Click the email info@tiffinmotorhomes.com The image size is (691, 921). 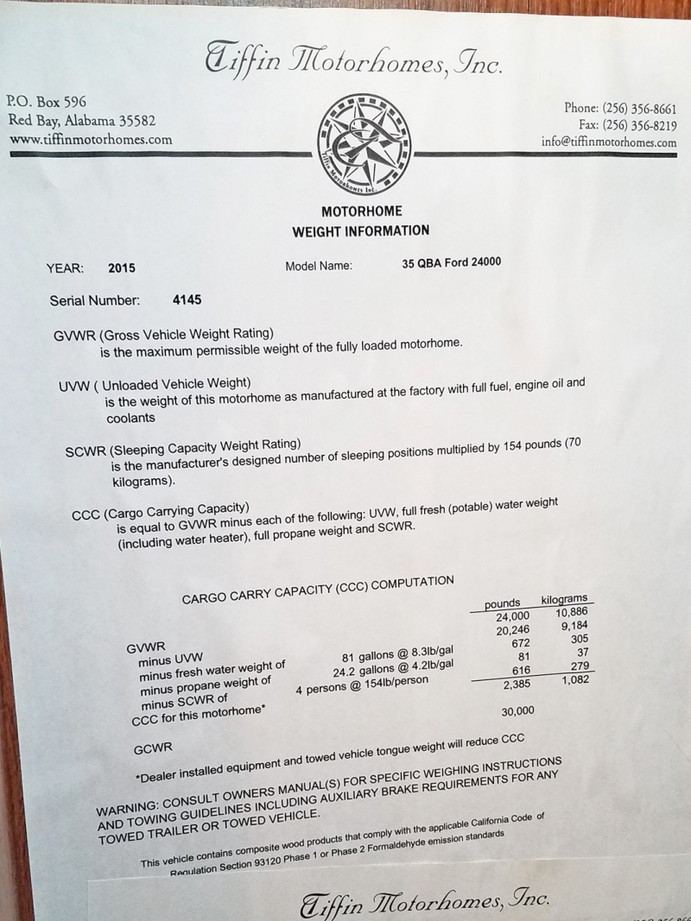pos(609,142)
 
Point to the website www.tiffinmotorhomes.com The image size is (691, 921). pos(90,139)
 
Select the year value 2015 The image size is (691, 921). pos(122,268)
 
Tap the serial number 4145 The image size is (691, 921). pos(187,300)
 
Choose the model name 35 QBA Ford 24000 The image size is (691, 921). pos(451,262)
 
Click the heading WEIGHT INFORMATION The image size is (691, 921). pos(360,230)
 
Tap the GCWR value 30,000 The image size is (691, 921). pos(517,711)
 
